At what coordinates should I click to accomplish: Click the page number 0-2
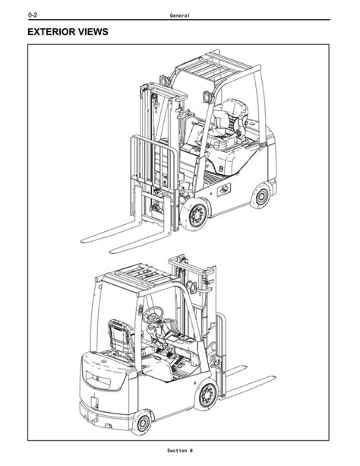point(33,15)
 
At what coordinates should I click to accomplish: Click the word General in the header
point(179,15)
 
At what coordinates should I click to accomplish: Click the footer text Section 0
point(180,451)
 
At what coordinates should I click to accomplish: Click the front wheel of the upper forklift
point(195,214)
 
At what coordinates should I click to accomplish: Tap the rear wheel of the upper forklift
point(261,196)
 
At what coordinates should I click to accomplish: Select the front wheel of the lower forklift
point(207,395)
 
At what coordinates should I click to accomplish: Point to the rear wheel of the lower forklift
point(143,423)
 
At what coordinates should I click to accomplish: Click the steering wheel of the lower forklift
point(153,315)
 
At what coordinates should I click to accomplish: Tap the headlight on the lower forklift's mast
point(191,287)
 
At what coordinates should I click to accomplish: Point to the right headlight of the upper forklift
point(208,97)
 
